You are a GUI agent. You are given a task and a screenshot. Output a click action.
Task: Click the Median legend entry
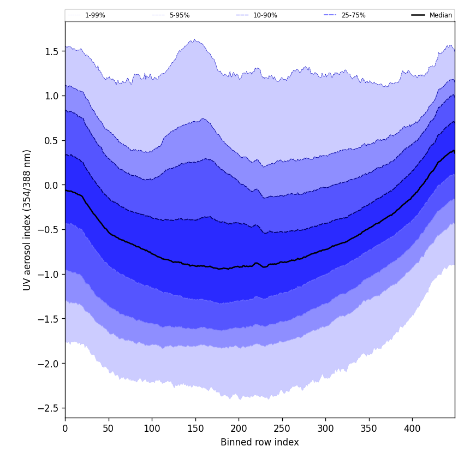click(440, 15)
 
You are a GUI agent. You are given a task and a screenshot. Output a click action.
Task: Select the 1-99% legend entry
click(95, 15)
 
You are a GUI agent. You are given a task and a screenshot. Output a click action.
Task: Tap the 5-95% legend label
click(180, 15)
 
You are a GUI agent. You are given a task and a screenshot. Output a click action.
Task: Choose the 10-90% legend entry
click(265, 15)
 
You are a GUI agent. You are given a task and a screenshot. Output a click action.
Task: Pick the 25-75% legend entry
click(353, 15)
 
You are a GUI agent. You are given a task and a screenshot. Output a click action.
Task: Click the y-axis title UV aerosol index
click(27, 219)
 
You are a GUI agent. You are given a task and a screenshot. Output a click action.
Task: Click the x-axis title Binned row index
click(259, 442)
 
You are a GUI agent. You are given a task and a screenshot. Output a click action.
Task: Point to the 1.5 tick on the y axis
click(51, 51)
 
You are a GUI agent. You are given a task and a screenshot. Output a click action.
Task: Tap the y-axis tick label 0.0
click(51, 185)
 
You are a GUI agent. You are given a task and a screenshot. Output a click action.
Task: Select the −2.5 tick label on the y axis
click(49, 408)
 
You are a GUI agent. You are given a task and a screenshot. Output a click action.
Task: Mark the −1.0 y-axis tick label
click(49, 274)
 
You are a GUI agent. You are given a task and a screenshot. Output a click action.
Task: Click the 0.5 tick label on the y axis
click(51, 140)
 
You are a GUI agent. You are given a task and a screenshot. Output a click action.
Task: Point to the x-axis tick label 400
click(412, 429)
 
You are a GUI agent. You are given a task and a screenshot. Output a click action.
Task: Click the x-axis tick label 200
click(239, 429)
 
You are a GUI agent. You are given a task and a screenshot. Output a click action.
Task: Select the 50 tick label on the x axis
click(108, 429)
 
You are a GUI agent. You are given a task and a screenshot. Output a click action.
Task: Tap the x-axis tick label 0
click(65, 429)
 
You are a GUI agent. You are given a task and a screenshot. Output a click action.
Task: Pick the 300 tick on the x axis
click(325, 429)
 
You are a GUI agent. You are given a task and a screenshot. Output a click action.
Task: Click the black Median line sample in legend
click(418, 15)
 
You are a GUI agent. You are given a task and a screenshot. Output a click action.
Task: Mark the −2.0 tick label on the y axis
click(49, 364)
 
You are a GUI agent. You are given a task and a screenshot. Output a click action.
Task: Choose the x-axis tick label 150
click(195, 429)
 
